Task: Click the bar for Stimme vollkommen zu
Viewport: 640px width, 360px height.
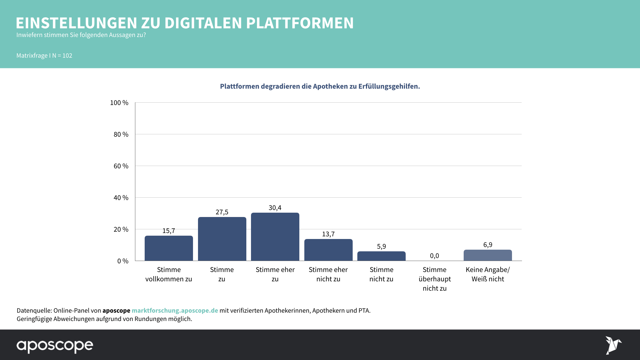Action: [169, 248]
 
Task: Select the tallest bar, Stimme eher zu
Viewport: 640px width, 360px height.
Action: [275, 237]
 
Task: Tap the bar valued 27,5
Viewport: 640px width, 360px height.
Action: [222, 239]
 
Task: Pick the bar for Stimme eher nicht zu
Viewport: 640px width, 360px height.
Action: [328, 250]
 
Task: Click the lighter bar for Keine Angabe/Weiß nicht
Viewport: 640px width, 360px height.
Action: [488, 255]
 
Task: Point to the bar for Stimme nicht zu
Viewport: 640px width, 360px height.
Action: [381, 256]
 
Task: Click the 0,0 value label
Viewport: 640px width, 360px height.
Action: [434, 256]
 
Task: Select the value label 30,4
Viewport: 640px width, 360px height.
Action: [275, 208]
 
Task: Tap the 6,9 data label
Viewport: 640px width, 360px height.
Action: [488, 245]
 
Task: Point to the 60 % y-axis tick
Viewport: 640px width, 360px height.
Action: [121, 166]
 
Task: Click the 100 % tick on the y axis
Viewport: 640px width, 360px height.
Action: [119, 103]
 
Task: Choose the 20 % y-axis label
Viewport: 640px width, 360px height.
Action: [121, 229]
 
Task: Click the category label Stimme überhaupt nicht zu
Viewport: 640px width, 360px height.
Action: [435, 279]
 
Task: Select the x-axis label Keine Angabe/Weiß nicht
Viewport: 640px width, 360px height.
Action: [488, 274]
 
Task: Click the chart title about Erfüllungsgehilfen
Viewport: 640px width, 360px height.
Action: [320, 86]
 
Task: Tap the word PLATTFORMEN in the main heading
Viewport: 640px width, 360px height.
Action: [300, 23]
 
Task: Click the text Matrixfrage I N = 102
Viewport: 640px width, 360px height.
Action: [44, 56]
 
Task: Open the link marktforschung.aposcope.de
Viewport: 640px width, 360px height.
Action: [175, 310]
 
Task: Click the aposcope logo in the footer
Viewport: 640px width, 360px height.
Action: [55, 346]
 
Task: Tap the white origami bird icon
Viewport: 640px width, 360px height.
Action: [613, 345]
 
